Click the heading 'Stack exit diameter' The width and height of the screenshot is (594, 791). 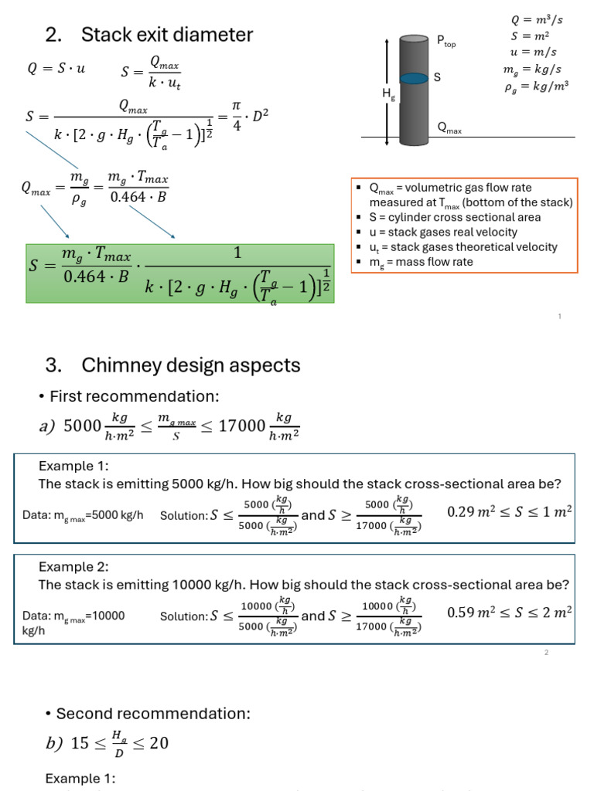point(167,35)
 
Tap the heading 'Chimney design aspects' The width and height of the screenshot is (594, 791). point(190,365)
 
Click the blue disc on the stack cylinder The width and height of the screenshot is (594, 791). point(415,78)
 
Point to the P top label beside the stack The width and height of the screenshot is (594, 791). point(446,41)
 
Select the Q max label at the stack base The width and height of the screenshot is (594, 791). point(449,128)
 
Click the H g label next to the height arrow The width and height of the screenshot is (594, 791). point(388,93)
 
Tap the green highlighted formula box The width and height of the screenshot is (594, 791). point(180,273)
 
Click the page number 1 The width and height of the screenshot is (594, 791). point(559,317)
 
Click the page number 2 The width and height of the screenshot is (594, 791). point(546,654)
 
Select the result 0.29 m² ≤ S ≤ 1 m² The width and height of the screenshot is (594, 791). point(510,512)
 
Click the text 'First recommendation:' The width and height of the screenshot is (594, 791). point(134,396)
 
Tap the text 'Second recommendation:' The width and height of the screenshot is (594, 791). point(152,714)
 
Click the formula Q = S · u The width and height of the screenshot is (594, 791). point(56,68)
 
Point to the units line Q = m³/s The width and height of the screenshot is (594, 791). point(537,20)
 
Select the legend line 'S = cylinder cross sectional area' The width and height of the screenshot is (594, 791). point(455,217)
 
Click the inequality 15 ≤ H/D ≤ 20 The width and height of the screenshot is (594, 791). point(108,742)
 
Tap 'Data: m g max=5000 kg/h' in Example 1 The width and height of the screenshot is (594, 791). point(84,515)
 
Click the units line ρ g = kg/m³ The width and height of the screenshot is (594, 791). point(537,87)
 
